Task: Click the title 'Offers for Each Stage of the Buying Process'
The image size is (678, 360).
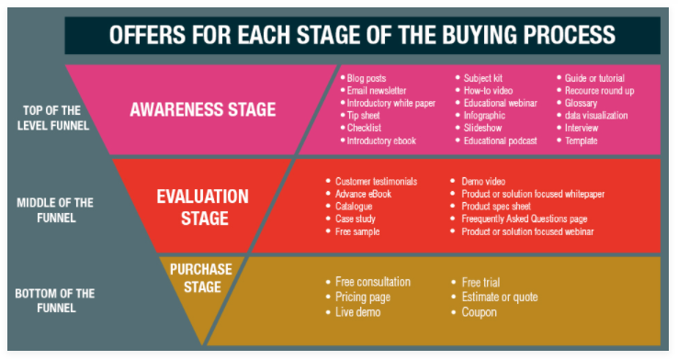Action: (362, 35)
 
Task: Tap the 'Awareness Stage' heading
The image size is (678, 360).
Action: (203, 109)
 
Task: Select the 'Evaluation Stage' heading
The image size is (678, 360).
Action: (202, 208)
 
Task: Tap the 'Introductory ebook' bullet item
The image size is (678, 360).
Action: (381, 141)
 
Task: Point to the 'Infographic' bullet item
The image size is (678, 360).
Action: (486, 116)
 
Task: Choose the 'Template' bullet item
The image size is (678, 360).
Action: (583, 141)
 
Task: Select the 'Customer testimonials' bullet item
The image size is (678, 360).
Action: (379, 182)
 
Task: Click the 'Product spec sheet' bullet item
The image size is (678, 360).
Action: (495, 207)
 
